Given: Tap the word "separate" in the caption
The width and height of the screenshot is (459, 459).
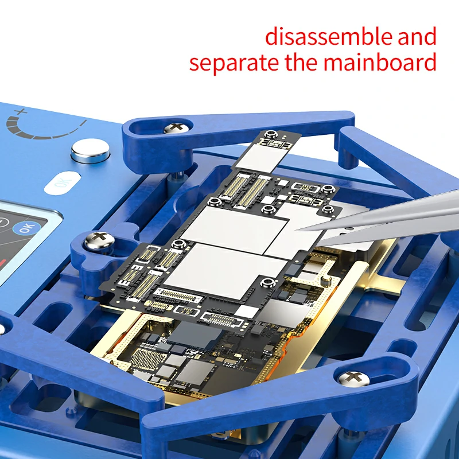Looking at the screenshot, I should pos(232,62).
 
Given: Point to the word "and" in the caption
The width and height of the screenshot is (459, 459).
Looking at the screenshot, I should pos(415,37).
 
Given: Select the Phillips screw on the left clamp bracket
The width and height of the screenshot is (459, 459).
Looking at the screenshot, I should pos(98,240).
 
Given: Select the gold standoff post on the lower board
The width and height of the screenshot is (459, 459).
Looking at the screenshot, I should pos(325,281).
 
